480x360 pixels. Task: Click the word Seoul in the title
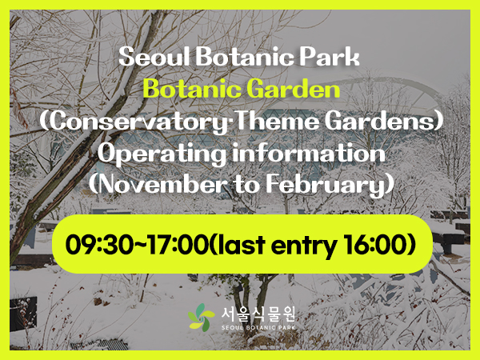[146, 58]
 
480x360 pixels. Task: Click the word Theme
[276, 121]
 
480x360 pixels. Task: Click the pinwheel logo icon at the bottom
[202, 318]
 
